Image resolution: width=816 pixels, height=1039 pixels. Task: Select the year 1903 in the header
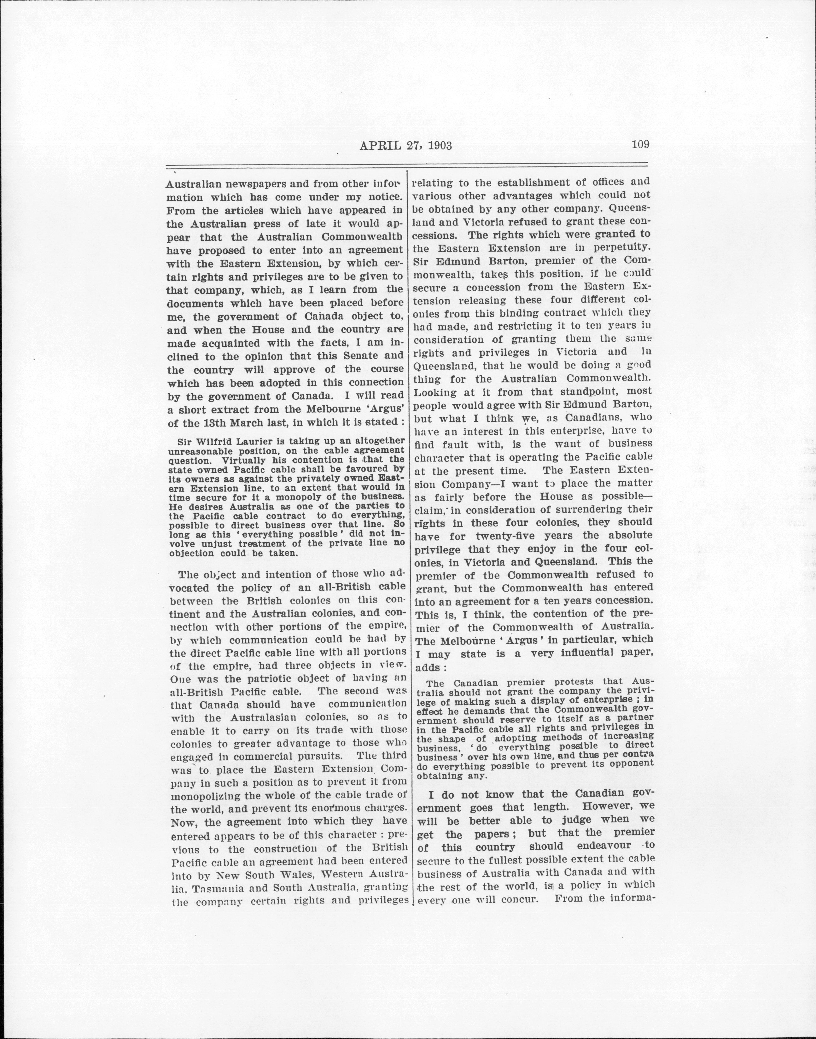436,145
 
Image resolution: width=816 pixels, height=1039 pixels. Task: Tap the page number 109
640,144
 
